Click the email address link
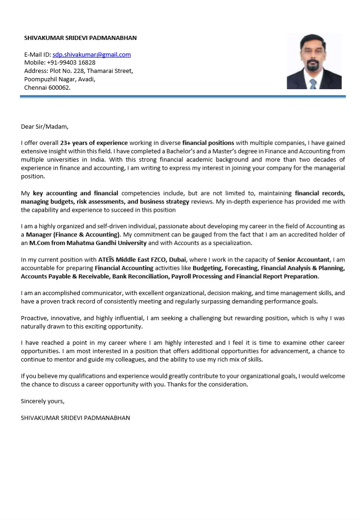[92, 54]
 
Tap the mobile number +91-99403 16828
[71, 62]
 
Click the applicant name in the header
[80, 38]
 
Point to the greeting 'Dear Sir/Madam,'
[45, 126]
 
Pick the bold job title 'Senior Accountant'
[303, 260]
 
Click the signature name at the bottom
[75, 418]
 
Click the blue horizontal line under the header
[183, 97]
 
